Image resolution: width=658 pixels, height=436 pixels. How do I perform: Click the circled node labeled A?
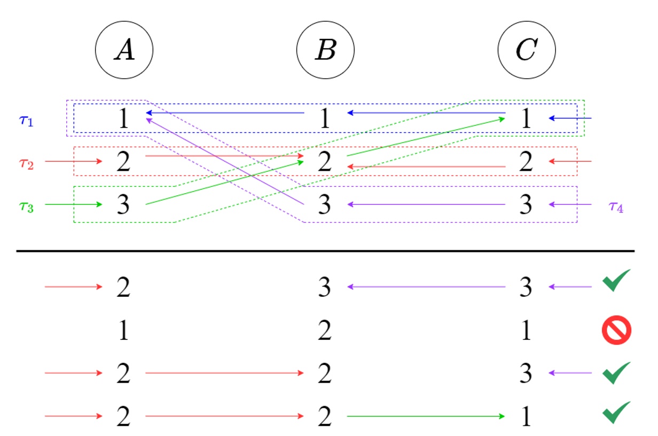click(x=124, y=51)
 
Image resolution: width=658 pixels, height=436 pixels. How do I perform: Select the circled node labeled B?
click(x=325, y=51)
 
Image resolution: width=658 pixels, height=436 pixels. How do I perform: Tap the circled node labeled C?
click(x=527, y=51)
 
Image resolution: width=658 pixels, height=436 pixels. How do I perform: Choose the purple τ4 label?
click(x=616, y=207)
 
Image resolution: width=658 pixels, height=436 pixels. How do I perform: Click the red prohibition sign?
click(x=617, y=330)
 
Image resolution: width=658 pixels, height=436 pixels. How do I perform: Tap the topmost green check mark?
click(x=617, y=281)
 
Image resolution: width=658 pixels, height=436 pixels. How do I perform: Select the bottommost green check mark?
click(x=617, y=412)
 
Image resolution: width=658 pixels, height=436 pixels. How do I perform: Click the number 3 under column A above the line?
click(x=123, y=205)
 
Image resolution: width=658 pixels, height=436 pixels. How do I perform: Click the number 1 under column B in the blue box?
click(x=324, y=118)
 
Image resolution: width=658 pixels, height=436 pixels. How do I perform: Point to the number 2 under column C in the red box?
click(x=526, y=162)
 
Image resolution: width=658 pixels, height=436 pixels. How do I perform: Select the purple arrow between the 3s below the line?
click(x=426, y=287)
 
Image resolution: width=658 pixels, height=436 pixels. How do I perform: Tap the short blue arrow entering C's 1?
click(x=570, y=118)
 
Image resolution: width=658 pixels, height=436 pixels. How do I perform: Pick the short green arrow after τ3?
click(x=73, y=204)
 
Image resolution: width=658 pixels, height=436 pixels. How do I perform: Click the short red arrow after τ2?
click(x=73, y=161)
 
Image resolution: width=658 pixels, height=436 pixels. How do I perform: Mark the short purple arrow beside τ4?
click(x=570, y=204)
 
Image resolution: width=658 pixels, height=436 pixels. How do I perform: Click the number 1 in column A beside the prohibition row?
click(x=123, y=332)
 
